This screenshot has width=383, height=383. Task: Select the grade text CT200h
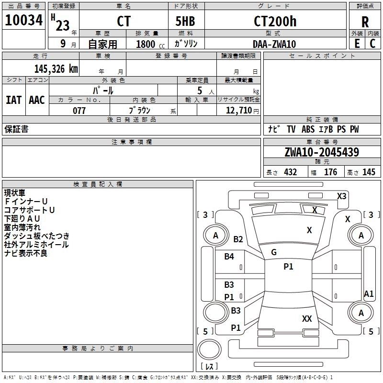click(275, 22)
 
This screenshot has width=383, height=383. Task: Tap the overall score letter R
click(365, 22)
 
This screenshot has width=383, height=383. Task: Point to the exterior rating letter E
click(357, 43)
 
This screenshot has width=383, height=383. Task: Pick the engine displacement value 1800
click(146, 44)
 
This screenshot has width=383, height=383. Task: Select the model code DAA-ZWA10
click(274, 44)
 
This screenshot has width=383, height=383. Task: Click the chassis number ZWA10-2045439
click(321, 152)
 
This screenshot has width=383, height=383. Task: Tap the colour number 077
click(79, 111)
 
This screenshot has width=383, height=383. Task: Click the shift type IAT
click(13, 100)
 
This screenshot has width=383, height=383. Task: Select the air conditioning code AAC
click(37, 100)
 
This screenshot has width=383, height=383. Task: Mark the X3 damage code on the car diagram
click(342, 196)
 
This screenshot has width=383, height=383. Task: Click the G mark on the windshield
click(274, 252)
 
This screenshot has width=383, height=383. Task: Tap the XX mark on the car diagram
click(307, 318)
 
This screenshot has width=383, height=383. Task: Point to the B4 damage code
click(229, 257)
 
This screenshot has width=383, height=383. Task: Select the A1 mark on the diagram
click(369, 294)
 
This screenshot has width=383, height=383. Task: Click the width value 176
click(331, 172)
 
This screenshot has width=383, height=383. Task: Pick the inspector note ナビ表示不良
click(26, 253)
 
